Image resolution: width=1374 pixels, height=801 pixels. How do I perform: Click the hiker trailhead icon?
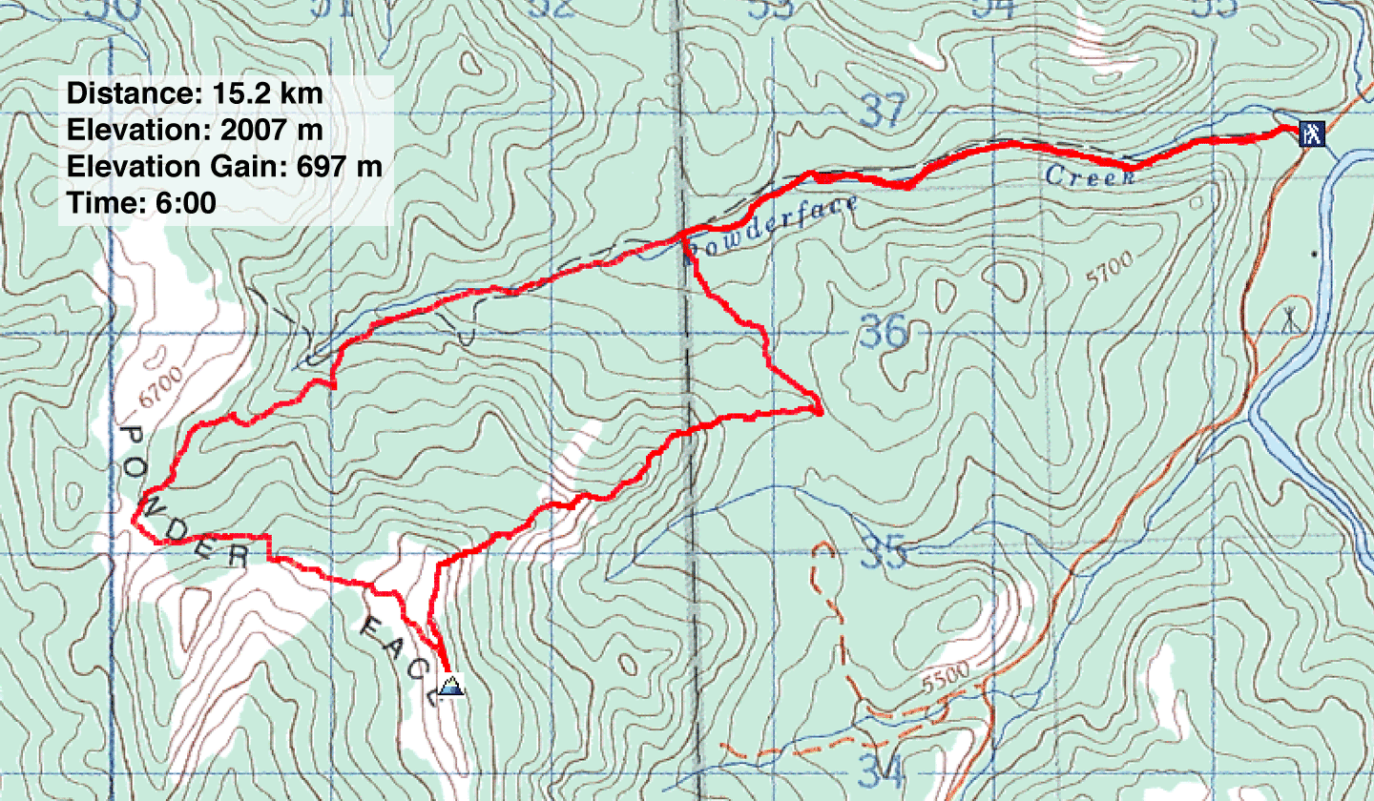1312,133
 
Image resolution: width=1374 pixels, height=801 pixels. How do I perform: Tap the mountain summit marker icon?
450,685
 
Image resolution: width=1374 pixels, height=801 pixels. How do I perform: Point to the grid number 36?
884,333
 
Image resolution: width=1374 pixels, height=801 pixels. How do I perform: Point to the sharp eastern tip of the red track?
822,410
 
